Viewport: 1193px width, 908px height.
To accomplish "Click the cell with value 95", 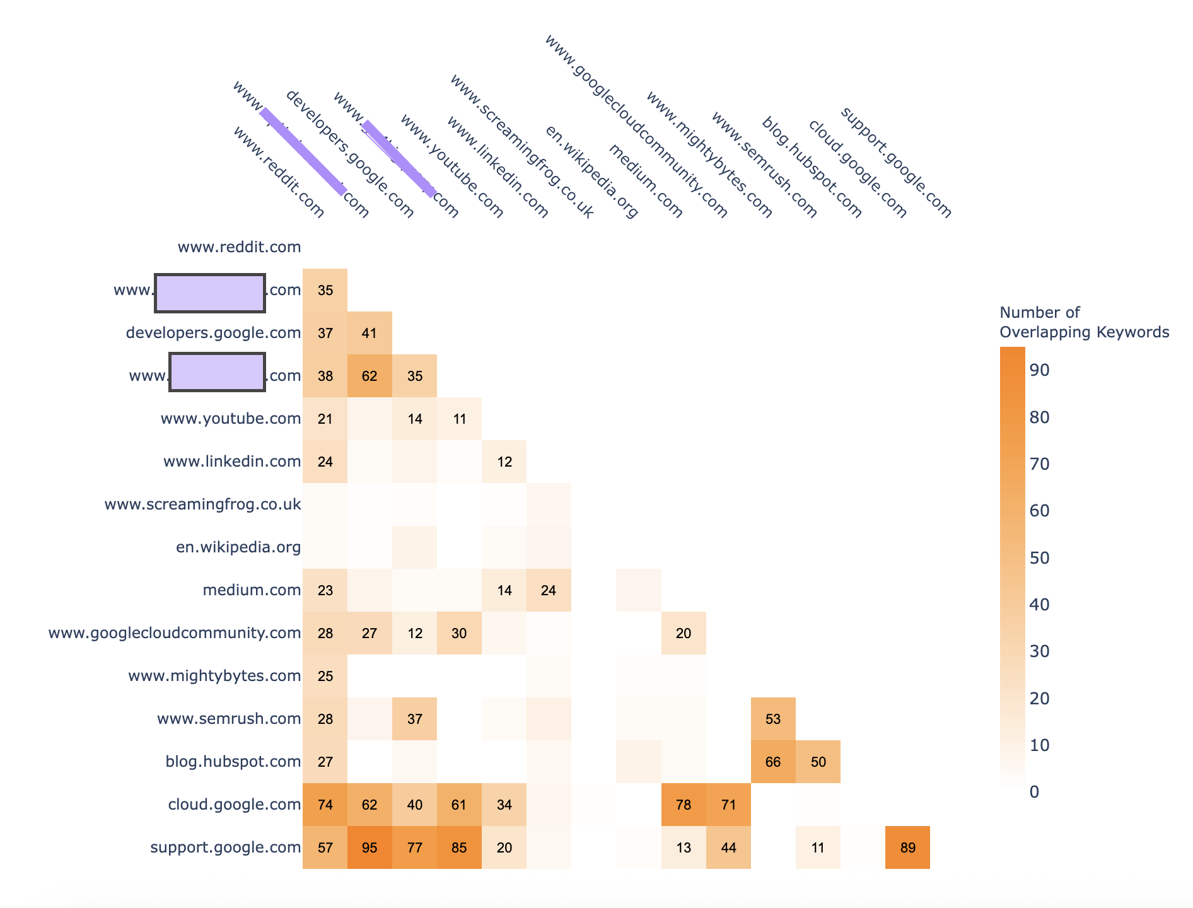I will point(370,847).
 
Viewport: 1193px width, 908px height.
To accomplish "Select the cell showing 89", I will point(907,847).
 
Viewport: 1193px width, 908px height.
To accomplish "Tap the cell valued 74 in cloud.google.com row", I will point(325,805).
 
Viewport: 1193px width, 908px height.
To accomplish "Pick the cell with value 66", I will point(773,762).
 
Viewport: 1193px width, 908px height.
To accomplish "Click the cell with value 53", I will point(773,719).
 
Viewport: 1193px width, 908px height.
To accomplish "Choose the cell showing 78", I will point(684,805).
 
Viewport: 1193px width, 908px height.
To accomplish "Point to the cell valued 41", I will point(370,333).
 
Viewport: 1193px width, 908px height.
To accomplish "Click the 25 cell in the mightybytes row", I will point(325,676).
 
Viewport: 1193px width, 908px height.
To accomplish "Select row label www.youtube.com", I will point(230,419).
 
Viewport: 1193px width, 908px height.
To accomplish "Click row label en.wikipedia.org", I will point(238,547).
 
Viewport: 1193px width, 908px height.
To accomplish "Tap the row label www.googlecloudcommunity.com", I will point(175,633).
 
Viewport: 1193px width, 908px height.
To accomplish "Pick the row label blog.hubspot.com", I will point(233,762).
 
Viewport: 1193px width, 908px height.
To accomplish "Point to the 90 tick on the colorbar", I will point(1039,370).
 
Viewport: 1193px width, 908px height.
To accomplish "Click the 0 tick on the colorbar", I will point(1034,792).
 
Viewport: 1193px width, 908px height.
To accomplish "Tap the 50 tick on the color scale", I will point(1039,558).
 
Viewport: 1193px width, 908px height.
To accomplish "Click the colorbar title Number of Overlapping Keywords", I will point(1084,322).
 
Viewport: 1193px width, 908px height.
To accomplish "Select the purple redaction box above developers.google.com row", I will point(210,293).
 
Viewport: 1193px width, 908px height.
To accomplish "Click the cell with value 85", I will point(459,847).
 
